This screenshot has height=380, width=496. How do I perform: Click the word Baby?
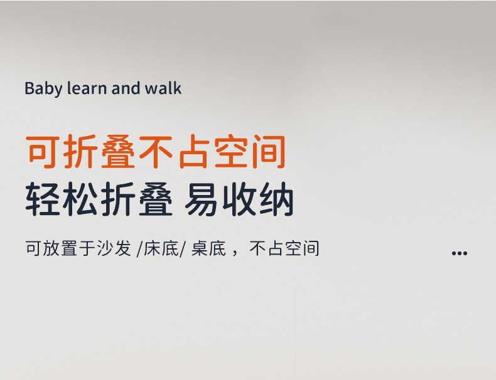[44, 89]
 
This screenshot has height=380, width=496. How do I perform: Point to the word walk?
[163, 88]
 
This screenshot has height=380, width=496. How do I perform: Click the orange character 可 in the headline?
[43, 152]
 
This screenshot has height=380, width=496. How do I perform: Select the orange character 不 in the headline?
[156, 152]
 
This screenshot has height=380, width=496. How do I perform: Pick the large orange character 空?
[231, 152]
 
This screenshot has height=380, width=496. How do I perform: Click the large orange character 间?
[269, 152]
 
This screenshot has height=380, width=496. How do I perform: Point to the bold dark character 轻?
[43, 199]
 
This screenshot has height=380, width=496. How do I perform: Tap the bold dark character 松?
[80, 199]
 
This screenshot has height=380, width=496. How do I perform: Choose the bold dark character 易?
[201, 199]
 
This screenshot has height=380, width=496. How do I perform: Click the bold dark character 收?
[239, 199]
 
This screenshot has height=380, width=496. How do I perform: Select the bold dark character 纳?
[277, 199]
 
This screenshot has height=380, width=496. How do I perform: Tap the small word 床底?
[161, 248]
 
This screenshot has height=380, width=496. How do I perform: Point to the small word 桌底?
[209, 248]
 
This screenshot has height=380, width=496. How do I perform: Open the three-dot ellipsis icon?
[460, 253]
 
